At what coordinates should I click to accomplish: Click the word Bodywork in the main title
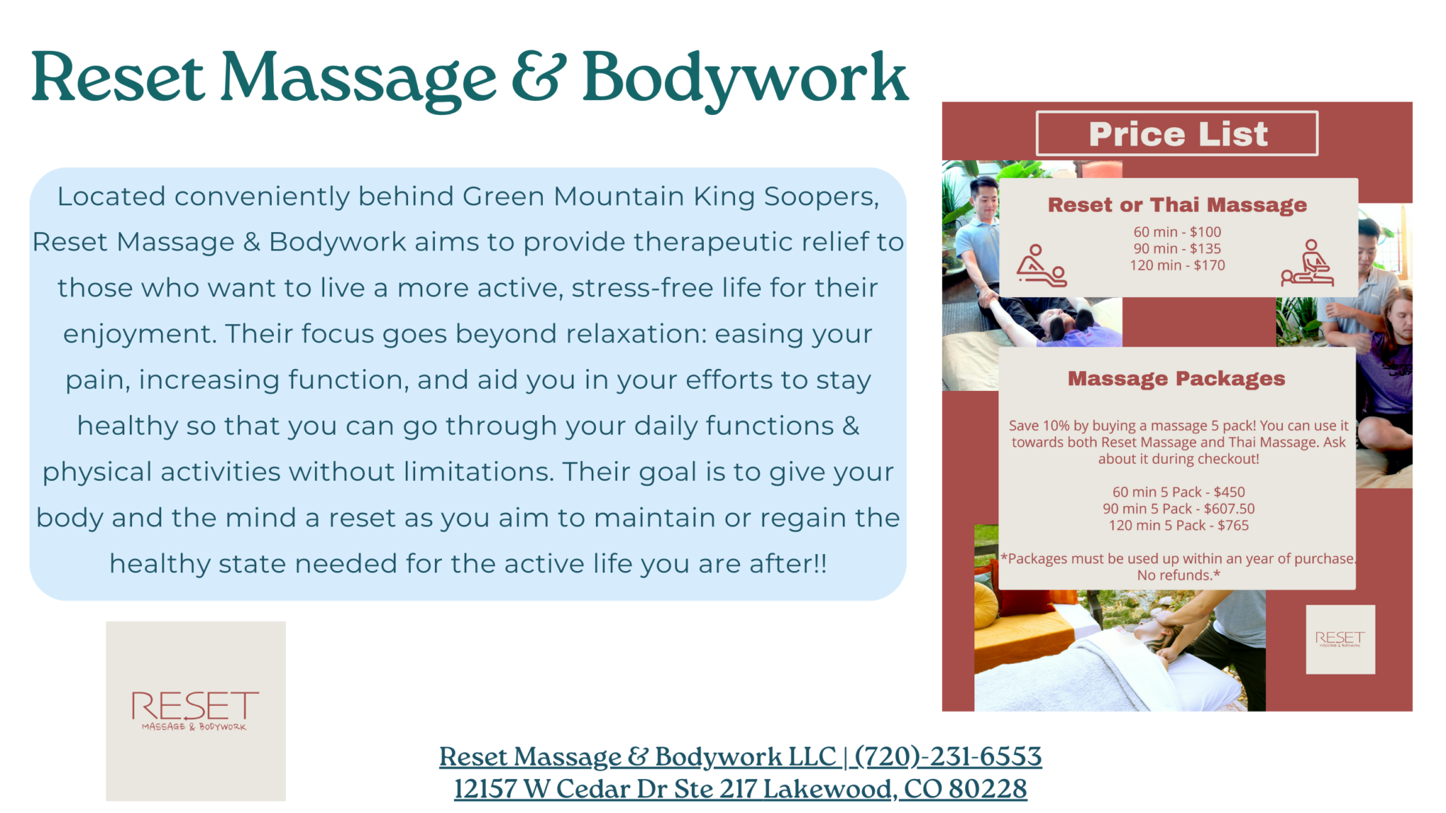pyautogui.click(x=745, y=79)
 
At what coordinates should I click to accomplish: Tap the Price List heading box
pyautogui.click(x=1177, y=133)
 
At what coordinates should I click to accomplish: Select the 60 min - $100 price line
pyautogui.click(x=1177, y=231)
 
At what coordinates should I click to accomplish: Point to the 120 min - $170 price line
pyautogui.click(x=1177, y=265)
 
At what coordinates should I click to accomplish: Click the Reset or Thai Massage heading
pyautogui.click(x=1177, y=205)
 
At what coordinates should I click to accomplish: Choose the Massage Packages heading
pyautogui.click(x=1176, y=379)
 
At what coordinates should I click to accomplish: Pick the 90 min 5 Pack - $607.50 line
pyautogui.click(x=1178, y=509)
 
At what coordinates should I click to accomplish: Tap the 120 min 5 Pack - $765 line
pyautogui.click(x=1178, y=526)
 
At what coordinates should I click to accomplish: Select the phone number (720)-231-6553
pyautogui.click(x=948, y=757)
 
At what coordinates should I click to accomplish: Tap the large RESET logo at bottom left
pyautogui.click(x=196, y=711)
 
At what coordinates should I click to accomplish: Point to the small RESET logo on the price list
pyautogui.click(x=1340, y=639)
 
